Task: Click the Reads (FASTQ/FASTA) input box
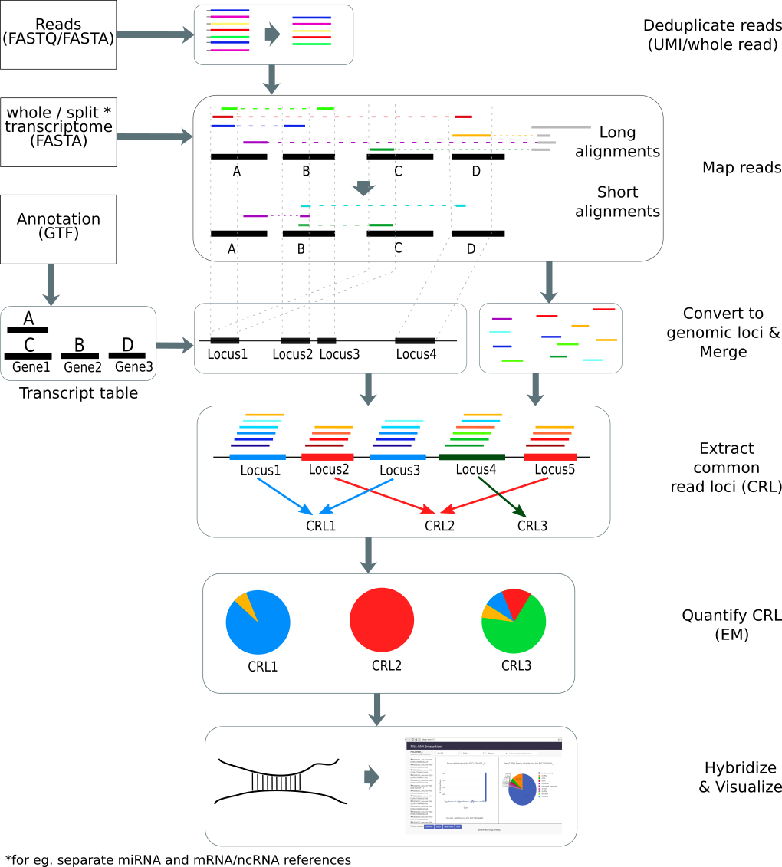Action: (x=58, y=34)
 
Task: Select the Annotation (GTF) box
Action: (x=58, y=228)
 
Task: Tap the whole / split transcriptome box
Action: (x=58, y=132)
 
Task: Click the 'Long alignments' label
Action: (x=617, y=142)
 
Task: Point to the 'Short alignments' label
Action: (x=617, y=202)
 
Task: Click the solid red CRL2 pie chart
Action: (x=382, y=619)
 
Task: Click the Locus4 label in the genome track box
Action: (x=416, y=354)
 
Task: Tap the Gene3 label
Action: (x=134, y=368)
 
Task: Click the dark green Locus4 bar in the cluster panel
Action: (x=466, y=457)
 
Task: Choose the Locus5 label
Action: (x=554, y=470)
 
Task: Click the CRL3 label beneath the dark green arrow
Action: (x=532, y=526)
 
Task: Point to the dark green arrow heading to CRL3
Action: (x=501, y=496)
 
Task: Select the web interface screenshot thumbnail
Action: (x=484, y=787)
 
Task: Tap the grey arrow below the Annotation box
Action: (x=51, y=284)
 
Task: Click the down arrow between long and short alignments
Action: (x=363, y=188)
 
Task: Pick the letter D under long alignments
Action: (x=476, y=171)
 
